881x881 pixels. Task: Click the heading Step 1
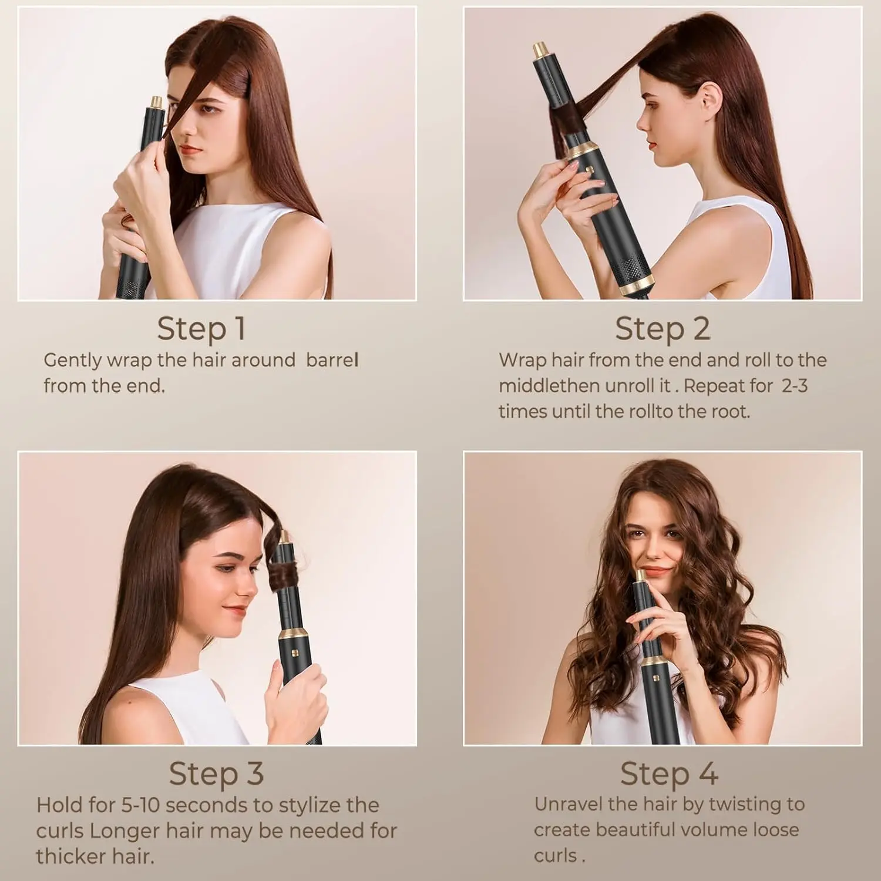201,328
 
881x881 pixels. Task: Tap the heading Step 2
663,328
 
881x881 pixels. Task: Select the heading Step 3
216,774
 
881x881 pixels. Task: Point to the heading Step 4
669,774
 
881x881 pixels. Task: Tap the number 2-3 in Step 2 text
794,386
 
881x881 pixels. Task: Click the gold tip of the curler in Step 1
156,102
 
